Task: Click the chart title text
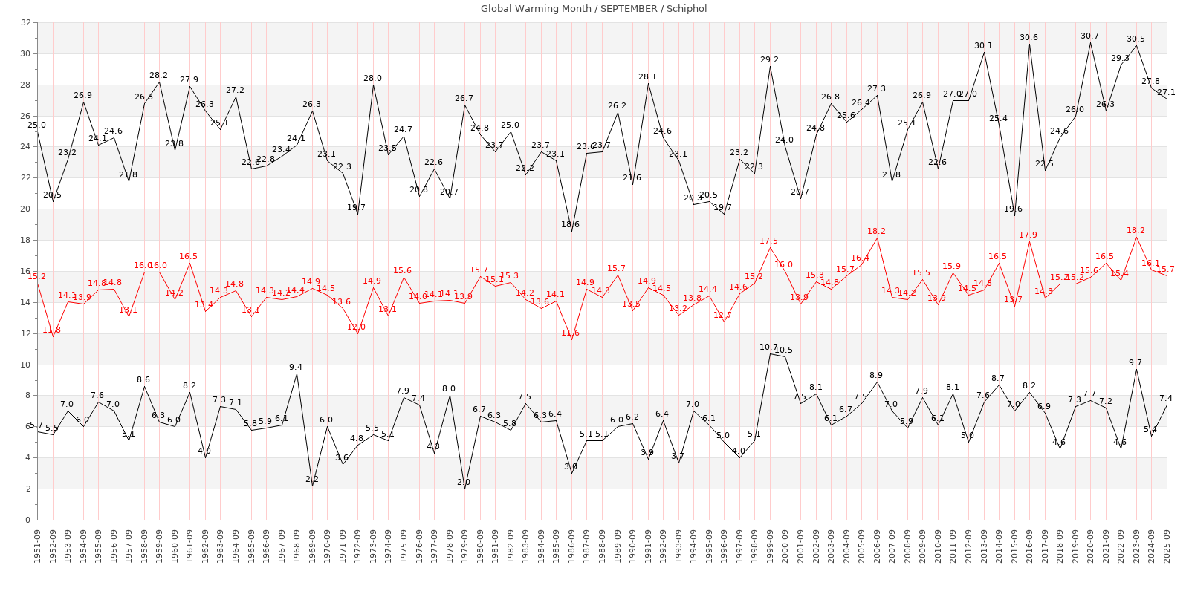(594, 9)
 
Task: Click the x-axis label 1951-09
(37, 546)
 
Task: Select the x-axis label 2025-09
(1167, 546)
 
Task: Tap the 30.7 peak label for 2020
(1089, 36)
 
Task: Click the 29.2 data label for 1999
(769, 59)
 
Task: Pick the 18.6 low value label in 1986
(570, 224)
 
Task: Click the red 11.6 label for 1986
(570, 333)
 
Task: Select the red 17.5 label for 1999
(768, 241)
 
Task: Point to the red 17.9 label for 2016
(1028, 235)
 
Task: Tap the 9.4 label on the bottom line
(295, 367)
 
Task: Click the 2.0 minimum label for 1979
(464, 482)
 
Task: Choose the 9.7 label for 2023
(1135, 362)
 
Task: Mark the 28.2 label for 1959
(158, 75)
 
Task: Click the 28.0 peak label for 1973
(372, 78)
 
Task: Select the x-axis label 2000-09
(785, 546)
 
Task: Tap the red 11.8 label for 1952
(51, 330)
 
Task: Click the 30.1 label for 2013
(983, 45)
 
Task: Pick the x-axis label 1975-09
(404, 546)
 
